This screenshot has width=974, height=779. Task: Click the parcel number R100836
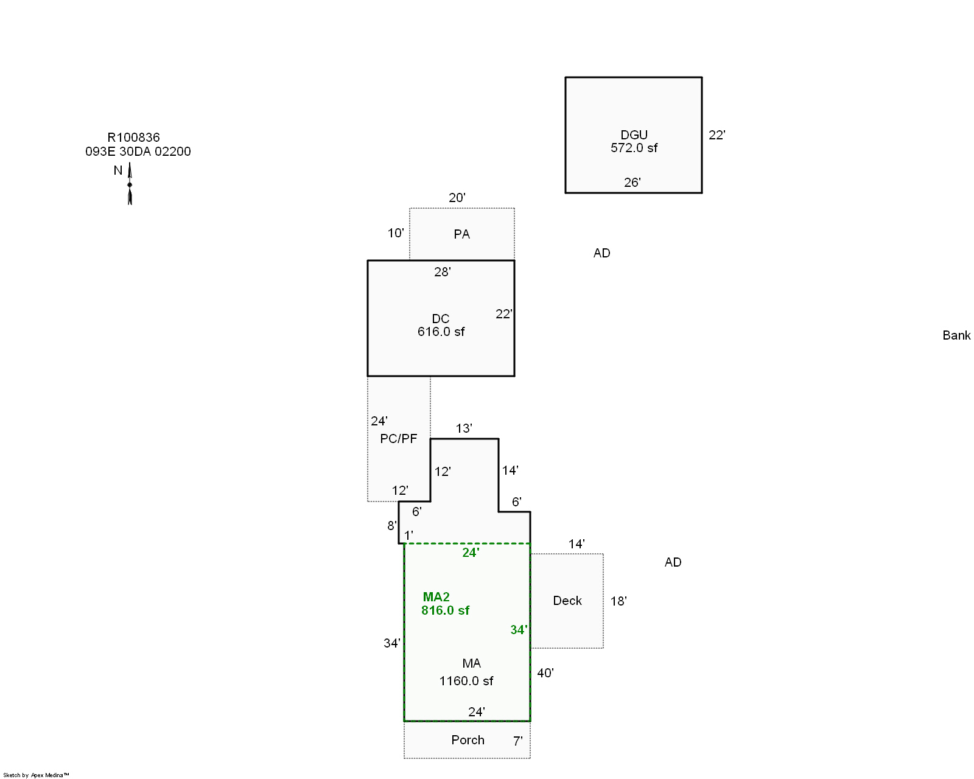click(133, 138)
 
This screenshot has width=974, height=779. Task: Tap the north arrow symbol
click(130, 184)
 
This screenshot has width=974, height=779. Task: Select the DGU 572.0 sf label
click(634, 141)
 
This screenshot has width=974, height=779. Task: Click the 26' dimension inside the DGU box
click(632, 183)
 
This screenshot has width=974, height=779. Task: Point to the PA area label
click(461, 234)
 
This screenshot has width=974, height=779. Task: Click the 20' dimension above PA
click(457, 198)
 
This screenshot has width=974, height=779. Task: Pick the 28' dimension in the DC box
click(442, 272)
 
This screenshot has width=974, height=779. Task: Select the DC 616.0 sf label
click(441, 326)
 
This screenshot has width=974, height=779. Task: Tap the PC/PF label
click(398, 439)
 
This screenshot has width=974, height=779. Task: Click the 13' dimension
click(463, 428)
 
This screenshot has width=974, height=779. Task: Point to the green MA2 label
click(436, 597)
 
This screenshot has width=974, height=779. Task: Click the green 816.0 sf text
click(445, 610)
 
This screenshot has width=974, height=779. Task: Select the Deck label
click(567, 601)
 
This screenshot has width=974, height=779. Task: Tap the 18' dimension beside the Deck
click(618, 601)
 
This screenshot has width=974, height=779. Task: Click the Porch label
click(468, 740)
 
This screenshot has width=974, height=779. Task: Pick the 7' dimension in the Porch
click(517, 741)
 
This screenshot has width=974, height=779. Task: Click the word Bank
click(956, 335)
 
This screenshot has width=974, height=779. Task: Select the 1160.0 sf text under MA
click(466, 681)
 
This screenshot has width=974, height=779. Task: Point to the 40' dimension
click(545, 673)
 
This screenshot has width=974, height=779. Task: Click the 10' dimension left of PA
click(395, 233)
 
